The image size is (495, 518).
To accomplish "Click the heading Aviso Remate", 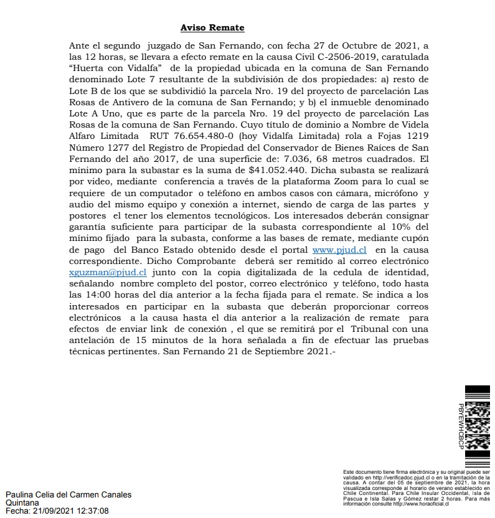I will pos(212,28).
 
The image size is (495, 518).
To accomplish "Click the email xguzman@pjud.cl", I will pos(108,273).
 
